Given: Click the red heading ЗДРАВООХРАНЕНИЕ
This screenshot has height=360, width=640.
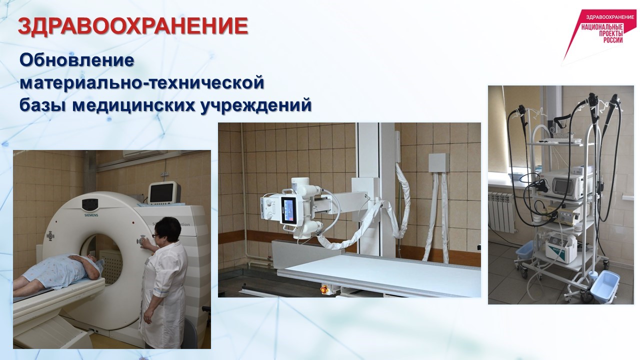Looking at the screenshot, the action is [133, 26].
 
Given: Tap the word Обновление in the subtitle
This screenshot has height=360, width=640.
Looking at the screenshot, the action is [77, 60].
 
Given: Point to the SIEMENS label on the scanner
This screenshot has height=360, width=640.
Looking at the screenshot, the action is [91, 215].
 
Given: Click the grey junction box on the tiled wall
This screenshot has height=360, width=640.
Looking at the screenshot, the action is [438, 163].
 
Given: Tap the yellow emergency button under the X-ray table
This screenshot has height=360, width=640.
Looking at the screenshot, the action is [323, 289].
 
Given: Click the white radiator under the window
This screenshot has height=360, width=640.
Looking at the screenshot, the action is [501, 211].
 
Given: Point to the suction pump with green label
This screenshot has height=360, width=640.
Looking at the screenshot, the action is [561, 247].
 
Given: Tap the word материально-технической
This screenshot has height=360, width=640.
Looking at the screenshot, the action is [142, 82].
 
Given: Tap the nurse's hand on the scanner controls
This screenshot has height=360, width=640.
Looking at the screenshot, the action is [145, 242].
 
